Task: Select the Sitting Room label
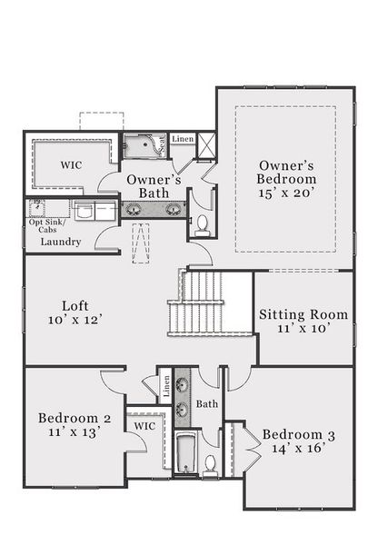tap(303, 314)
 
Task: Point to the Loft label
tap(75, 305)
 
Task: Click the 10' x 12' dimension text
tap(75, 321)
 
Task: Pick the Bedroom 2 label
tap(75, 418)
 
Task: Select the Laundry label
tap(61, 243)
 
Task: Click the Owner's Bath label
tap(154, 186)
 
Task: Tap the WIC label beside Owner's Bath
tap(72, 166)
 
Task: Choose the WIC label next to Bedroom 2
tap(145, 425)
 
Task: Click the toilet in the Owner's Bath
tap(202, 224)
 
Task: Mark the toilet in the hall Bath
tap(210, 465)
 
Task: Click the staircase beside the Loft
tap(195, 303)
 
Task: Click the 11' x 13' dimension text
tap(75, 433)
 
